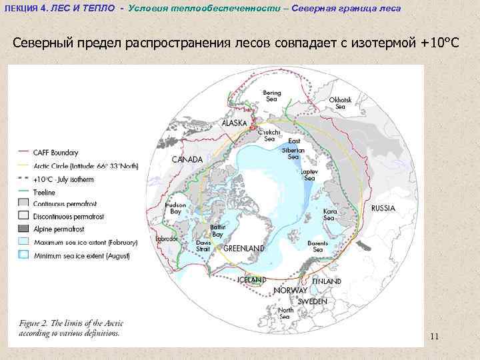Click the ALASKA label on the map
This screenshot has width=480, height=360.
(235, 123)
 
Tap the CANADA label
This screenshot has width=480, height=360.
(187, 160)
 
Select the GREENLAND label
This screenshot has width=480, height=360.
(243, 249)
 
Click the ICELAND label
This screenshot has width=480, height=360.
(252, 279)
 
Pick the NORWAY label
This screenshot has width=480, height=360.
(290, 291)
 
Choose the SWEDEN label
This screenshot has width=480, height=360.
(312, 301)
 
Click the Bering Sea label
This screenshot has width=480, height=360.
(271, 95)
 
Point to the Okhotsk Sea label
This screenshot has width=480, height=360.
(340, 103)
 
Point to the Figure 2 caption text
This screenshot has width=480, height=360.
(70, 328)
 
